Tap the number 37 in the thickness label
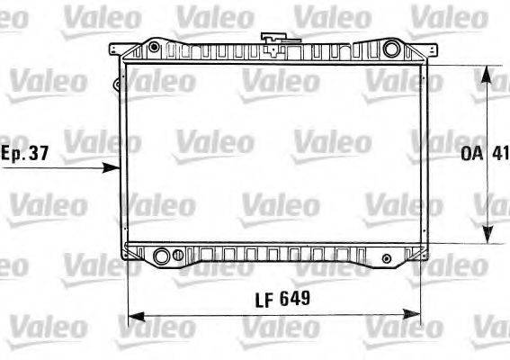pyautogui.click(x=37, y=153)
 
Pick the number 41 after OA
pyautogui.click(x=499, y=153)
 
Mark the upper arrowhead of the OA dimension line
pyautogui.click(x=489, y=70)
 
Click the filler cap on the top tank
pyautogui.click(x=271, y=39)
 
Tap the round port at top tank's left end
pyautogui.click(x=155, y=47)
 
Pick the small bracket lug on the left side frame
pyautogui.click(x=117, y=85)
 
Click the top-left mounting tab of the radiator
pyautogui.click(x=115, y=55)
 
